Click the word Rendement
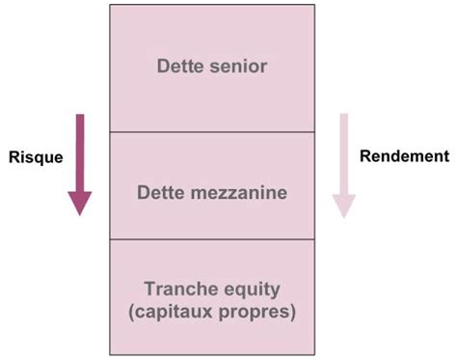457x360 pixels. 405,155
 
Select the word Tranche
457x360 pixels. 176,289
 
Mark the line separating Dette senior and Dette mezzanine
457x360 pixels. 211,130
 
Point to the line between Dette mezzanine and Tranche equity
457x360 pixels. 211,238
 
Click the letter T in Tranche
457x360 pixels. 148,289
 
